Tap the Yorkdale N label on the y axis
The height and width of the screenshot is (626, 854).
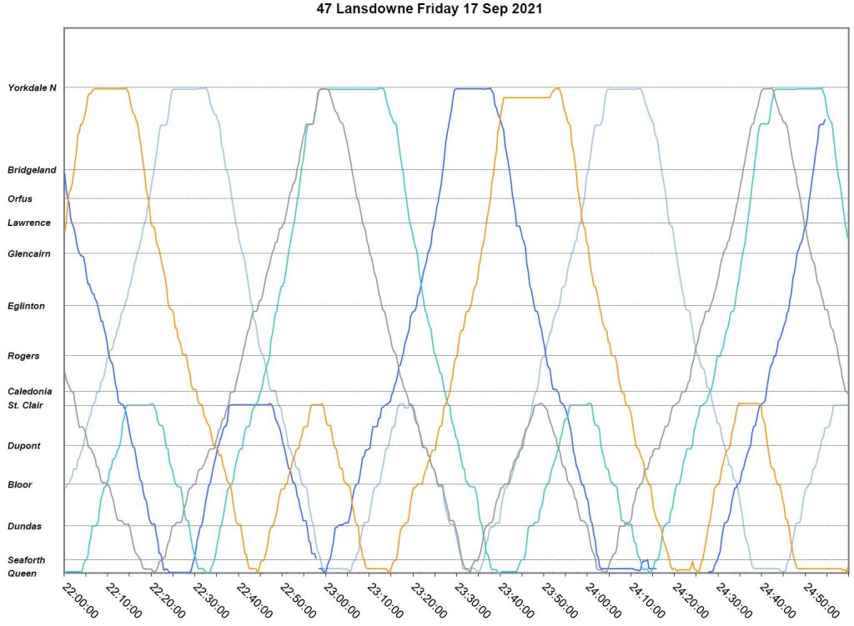[x=32, y=88]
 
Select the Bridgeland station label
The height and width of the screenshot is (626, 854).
[x=32, y=170]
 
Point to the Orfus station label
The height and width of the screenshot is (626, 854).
[x=20, y=199]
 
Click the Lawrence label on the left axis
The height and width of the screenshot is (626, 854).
[x=28, y=223]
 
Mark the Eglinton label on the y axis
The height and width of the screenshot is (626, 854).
[x=26, y=306]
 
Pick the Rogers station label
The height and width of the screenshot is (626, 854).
[x=23, y=356]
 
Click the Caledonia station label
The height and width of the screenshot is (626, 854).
[x=29, y=392]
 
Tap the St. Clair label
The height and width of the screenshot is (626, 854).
[x=26, y=405]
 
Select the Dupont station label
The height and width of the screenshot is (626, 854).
[x=23, y=446]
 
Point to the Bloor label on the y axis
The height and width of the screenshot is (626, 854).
[x=20, y=484]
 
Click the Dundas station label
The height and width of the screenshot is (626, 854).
[x=24, y=526]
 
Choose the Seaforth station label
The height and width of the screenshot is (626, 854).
[x=26, y=560]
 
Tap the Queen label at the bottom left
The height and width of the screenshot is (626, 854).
[x=22, y=573]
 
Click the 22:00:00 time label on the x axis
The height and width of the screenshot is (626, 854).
[x=82, y=599]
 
